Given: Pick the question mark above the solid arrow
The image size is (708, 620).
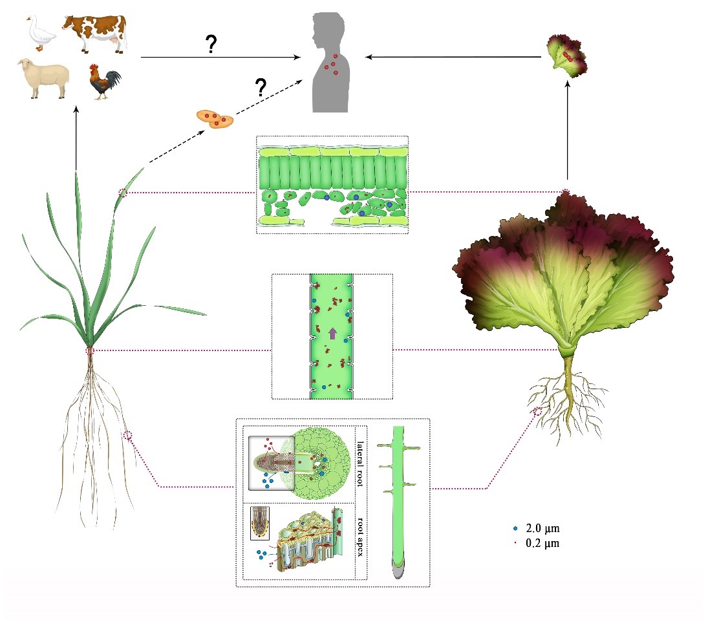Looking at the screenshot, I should pyautogui.click(x=210, y=44).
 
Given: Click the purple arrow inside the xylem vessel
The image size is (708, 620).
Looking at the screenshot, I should pyautogui.click(x=332, y=334).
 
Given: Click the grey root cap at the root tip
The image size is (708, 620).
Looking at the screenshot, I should pyautogui.click(x=398, y=570).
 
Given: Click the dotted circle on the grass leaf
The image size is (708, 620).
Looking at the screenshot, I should pyautogui.click(x=123, y=192).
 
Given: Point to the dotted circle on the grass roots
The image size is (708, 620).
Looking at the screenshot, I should pyautogui.click(x=128, y=436).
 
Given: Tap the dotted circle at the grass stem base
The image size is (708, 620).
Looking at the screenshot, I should pyautogui.click(x=91, y=350).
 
